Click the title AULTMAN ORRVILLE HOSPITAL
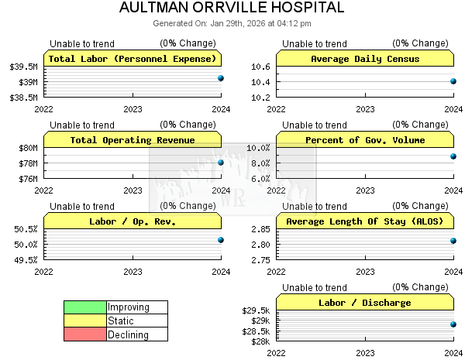(232, 9)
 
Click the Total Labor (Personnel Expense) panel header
(133, 59)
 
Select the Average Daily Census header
(365, 59)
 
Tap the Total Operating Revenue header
(133, 140)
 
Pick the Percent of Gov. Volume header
(365, 140)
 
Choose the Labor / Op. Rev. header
(133, 221)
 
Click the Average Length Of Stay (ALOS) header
(365, 221)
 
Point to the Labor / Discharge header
(365, 303)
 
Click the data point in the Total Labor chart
(221, 78)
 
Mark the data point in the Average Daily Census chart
(453, 81)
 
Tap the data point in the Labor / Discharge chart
(453, 324)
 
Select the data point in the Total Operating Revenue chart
(221, 163)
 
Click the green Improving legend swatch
(85, 307)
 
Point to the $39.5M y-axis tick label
(24, 67)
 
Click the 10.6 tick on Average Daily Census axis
(260, 67)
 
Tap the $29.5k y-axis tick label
(257, 310)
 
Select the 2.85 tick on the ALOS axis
(260, 229)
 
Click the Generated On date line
(232, 23)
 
